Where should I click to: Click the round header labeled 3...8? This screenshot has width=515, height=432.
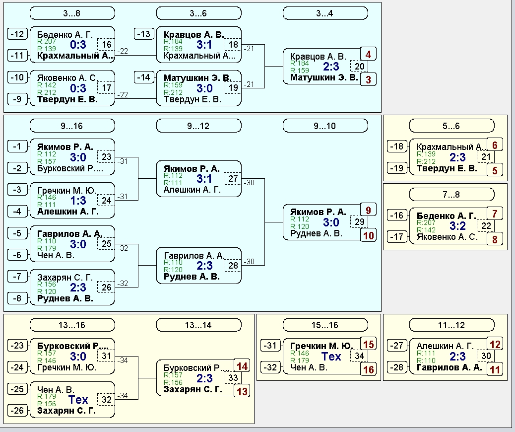tap(72, 13)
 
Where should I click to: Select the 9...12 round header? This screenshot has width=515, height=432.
tap(199, 126)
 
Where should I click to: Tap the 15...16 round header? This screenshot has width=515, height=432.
tap(325, 325)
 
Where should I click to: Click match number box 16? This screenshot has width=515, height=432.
tap(106, 44)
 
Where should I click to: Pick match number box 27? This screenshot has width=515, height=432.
tap(233, 179)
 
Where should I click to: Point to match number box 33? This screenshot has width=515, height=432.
tap(233, 378)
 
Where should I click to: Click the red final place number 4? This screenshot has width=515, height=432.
tap(368, 54)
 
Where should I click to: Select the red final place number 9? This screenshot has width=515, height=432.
tap(368, 210)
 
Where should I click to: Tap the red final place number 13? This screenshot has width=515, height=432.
tap(242, 391)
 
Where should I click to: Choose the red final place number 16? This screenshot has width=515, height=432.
tap(369, 369)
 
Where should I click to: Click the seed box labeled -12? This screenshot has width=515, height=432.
tap(17, 34)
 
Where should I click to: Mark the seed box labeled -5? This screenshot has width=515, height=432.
tap(17, 233)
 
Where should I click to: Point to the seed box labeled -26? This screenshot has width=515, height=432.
tap(17, 410)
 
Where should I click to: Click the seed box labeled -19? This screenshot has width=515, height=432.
tap(397, 168)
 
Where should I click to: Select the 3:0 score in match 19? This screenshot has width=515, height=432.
tap(204, 88)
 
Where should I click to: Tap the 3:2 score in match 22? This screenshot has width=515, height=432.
tap(457, 226)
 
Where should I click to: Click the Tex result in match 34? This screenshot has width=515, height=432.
tap(331, 357)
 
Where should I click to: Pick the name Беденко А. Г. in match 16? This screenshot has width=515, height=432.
tap(65, 35)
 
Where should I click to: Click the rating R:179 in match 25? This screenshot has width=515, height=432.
tap(47, 248)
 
